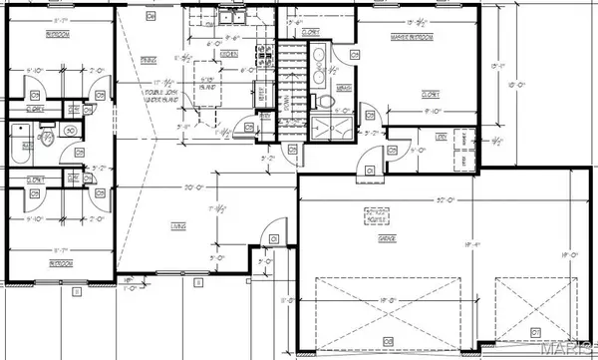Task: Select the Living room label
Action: tap(179, 226)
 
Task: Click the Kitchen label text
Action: tap(228, 52)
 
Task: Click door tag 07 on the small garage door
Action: tap(534, 330)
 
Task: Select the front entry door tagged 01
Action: tap(272, 238)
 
